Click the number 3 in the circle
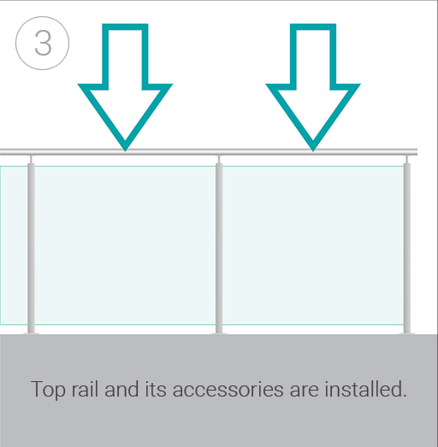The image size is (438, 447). [43, 43]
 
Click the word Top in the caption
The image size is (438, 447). [48, 390]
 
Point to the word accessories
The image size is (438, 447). [228, 390]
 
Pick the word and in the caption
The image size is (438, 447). [121, 389]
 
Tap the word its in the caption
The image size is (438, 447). [156, 389]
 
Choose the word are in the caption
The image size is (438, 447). [304, 390]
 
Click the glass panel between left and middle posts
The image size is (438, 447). [125, 245]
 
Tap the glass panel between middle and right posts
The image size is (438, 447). [313, 245]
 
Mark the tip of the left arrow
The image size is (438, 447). [125, 150]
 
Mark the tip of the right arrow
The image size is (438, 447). [313, 150]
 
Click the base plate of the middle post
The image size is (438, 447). [219, 333]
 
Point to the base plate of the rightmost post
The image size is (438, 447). [407, 333]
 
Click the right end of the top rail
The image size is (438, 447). [417, 152]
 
